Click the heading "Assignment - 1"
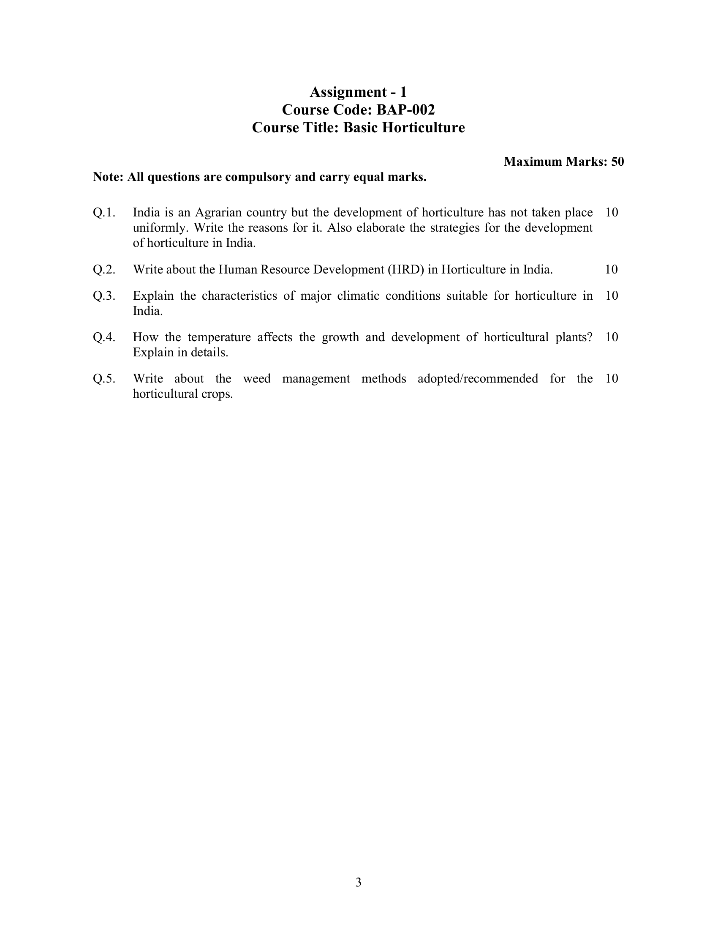click(x=358, y=92)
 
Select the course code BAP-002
click(x=406, y=110)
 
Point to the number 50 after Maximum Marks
click(x=617, y=162)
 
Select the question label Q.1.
click(x=104, y=213)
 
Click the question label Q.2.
click(x=104, y=270)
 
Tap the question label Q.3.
click(x=104, y=296)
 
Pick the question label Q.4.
click(x=104, y=337)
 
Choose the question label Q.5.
click(x=104, y=379)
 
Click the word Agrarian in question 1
click(x=219, y=213)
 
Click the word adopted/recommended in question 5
click(x=478, y=379)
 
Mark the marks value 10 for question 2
click(x=611, y=270)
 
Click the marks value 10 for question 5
click(x=611, y=379)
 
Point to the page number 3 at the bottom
click(x=358, y=883)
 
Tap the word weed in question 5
click(x=256, y=379)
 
